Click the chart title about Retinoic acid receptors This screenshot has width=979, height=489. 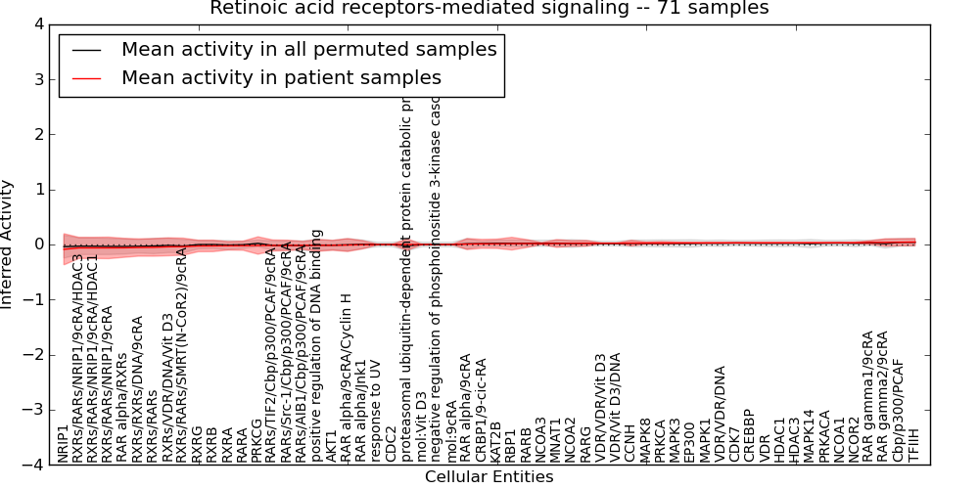(x=489, y=9)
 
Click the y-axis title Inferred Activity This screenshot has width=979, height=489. (x=8, y=244)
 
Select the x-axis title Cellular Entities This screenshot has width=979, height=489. (x=489, y=477)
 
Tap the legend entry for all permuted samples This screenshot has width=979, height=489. (x=308, y=49)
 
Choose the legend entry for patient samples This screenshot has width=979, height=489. (x=281, y=77)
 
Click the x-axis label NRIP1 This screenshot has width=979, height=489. (x=64, y=443)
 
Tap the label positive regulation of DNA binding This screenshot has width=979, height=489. (x=317, y=345)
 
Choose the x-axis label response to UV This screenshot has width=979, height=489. (x=377, y=421)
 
